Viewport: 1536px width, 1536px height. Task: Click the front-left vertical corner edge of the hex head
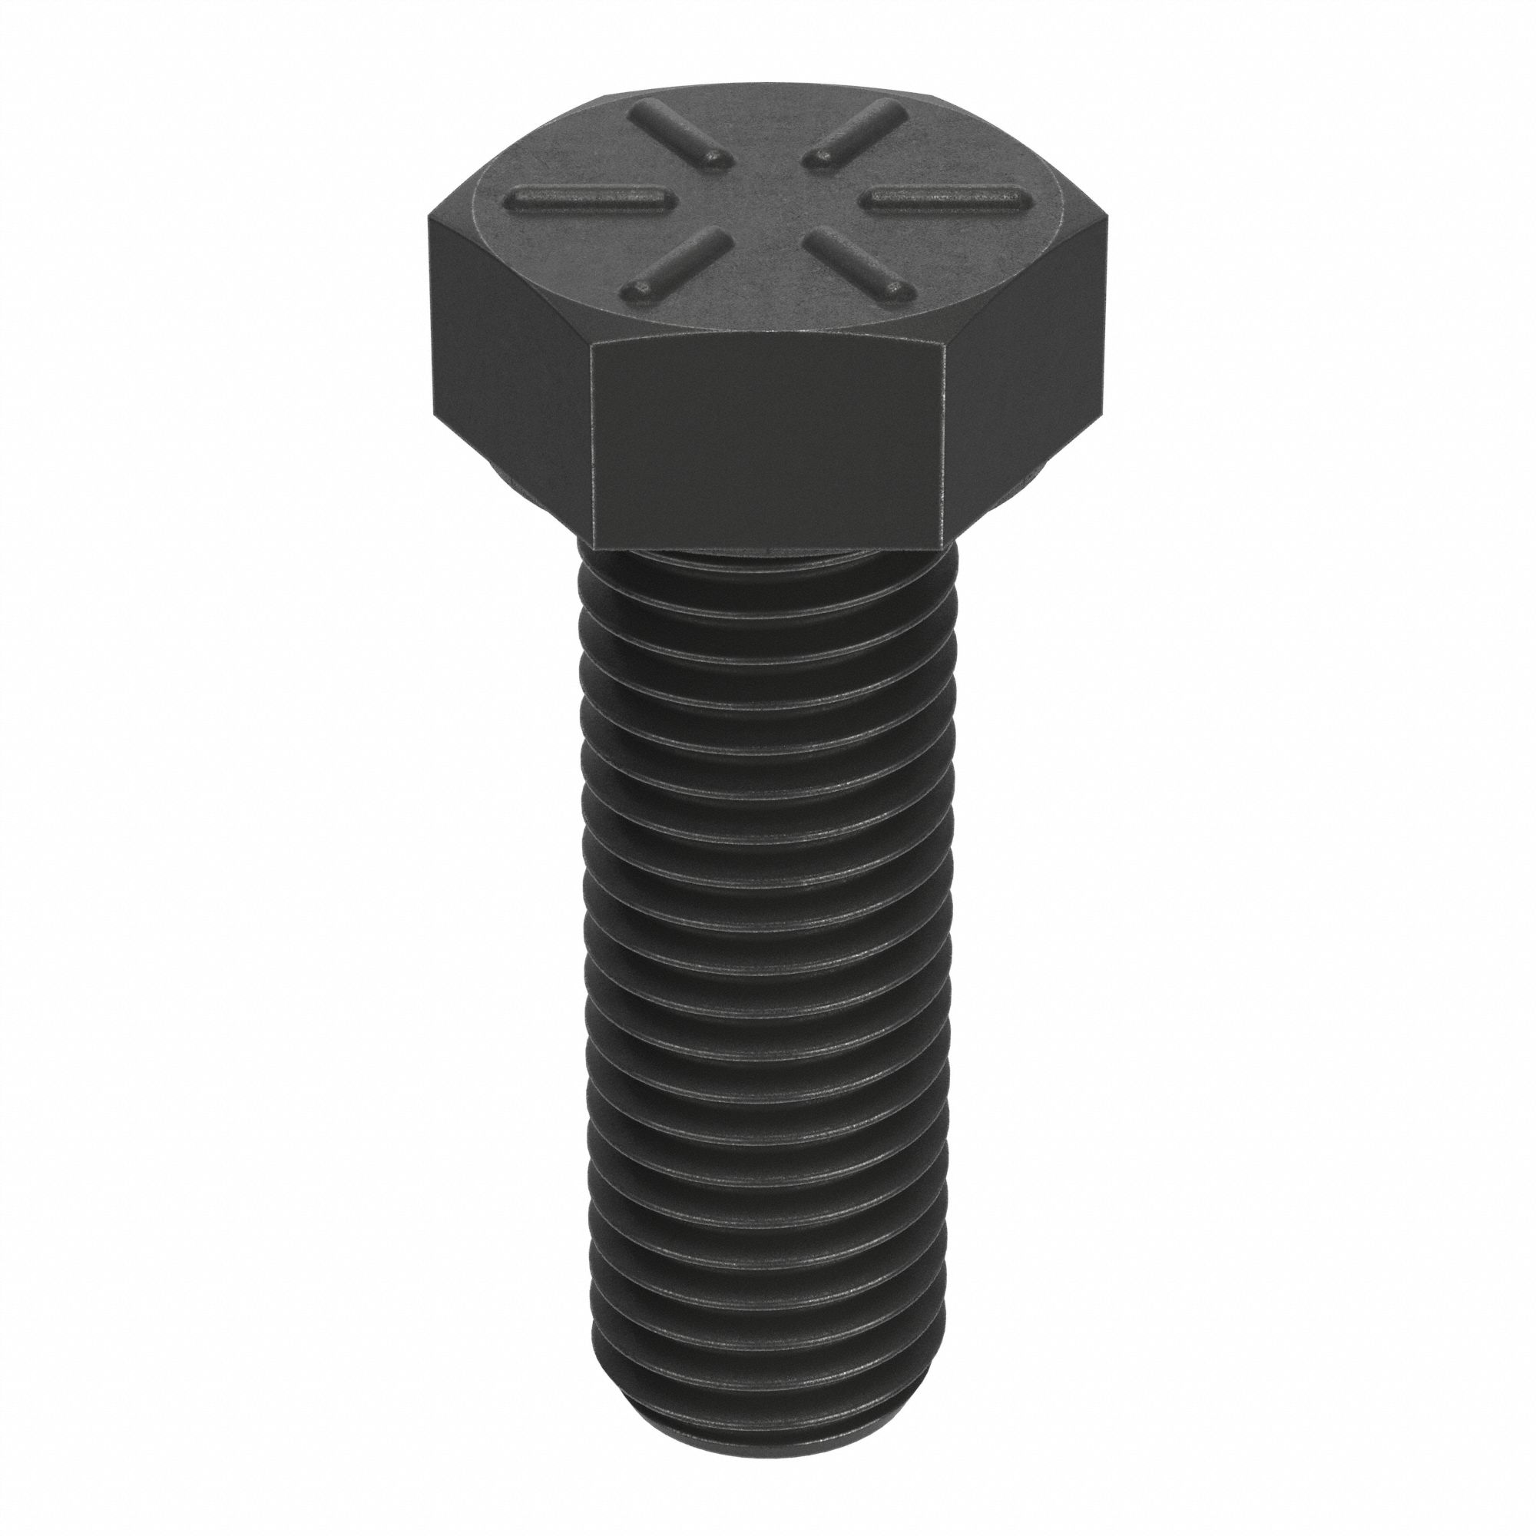tap(592, 445)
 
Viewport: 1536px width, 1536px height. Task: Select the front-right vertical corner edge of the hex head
tap(943, 445)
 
